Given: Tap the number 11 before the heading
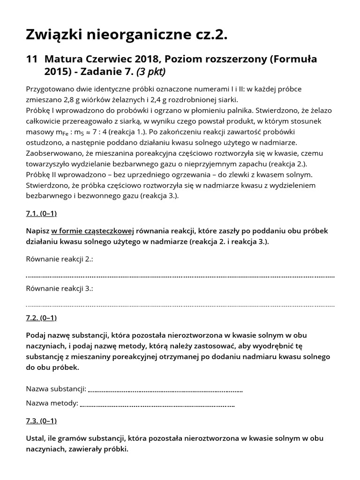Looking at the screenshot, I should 31,60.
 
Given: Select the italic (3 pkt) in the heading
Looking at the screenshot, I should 150,72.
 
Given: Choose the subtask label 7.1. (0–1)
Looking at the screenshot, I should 41,213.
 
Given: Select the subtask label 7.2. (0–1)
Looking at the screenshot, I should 41,318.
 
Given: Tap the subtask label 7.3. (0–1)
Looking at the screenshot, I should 41,420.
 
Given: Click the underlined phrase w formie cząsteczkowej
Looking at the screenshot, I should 93,231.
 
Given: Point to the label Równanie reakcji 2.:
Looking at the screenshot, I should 60,259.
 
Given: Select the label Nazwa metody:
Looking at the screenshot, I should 52,403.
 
